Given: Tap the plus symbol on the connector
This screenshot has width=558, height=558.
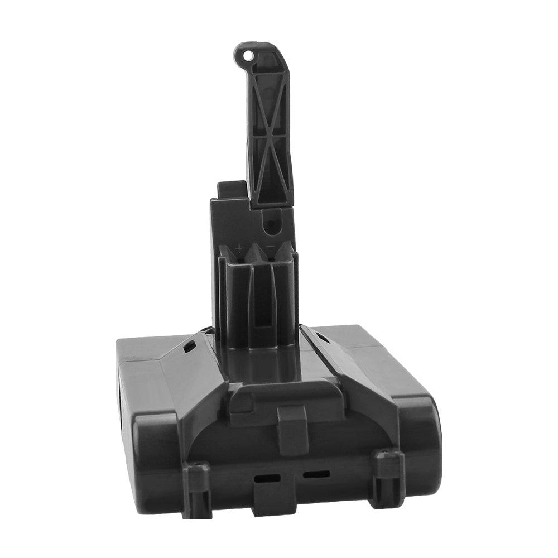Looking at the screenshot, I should pos(240,246).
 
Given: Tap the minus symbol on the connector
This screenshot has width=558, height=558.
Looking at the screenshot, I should pos(270,246).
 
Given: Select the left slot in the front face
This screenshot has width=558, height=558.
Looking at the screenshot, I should pos(265,478).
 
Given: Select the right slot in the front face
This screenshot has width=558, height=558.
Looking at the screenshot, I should pos(316,474).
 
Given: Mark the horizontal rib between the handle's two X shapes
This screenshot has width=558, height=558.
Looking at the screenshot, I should pos(271,134).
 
